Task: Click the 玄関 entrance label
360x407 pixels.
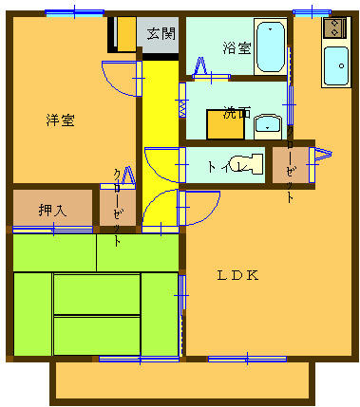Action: point(161,34)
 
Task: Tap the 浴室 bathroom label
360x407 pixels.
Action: point(235,46)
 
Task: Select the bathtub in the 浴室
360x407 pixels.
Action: point(271,47)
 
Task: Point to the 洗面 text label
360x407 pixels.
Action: point(237,112)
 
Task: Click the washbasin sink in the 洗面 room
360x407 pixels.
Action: point(268,124)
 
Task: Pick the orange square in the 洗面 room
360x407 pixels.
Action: point(221,126)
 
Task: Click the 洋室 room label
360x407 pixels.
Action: point(61,120)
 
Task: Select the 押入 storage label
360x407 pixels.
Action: point(52,210)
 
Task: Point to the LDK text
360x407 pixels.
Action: point(238,276)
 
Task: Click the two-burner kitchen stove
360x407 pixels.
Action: point(334,28)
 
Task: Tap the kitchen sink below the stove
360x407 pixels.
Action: point(335,65)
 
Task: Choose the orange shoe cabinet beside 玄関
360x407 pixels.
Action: point(124,35)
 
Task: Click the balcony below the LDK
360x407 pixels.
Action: point(181,381)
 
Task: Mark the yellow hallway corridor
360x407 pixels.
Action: point(159,133)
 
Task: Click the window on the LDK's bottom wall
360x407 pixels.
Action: point(248,358)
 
